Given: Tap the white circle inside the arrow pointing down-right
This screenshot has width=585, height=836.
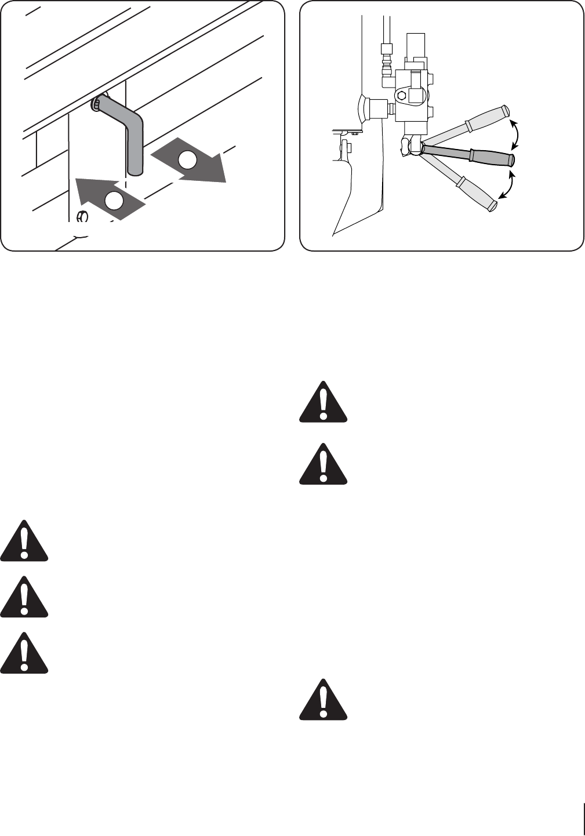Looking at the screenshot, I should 188,159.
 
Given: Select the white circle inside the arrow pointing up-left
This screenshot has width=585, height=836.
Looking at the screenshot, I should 114,200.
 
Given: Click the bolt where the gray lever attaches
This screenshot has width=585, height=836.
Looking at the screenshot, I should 96,104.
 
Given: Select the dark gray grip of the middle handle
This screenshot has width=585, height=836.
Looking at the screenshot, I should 492,156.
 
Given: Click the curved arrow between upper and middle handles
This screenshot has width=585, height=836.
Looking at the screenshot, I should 515,133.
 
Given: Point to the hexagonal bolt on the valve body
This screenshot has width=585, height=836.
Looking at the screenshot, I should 401,96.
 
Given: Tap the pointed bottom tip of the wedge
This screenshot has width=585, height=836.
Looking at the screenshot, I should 333,235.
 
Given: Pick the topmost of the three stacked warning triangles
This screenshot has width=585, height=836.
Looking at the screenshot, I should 24,541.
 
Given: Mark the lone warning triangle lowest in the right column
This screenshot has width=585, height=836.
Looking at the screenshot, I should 323,700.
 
